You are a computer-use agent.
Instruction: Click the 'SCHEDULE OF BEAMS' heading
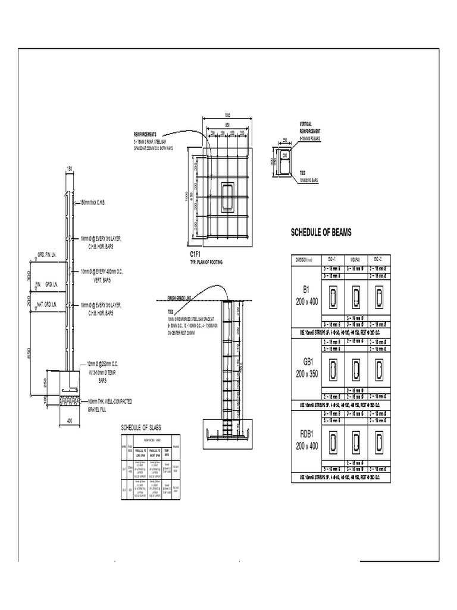pyautogui.click(x=321, y=232)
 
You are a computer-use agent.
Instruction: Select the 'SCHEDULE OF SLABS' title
pyautogui.click(x=141, y=428)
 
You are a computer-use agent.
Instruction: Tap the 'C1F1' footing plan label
pyautogui.click(x=189, y=254)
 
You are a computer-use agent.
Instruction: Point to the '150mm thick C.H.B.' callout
pyautogui.click(x=101, y=203)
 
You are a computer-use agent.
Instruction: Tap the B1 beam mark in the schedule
pyautogui.click(x=307, y=290)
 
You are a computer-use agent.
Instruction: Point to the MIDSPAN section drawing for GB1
pyautogui.click(x=355, y=368)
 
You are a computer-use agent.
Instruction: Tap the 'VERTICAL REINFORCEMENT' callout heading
pyautogui.click(x=309, y=127)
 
